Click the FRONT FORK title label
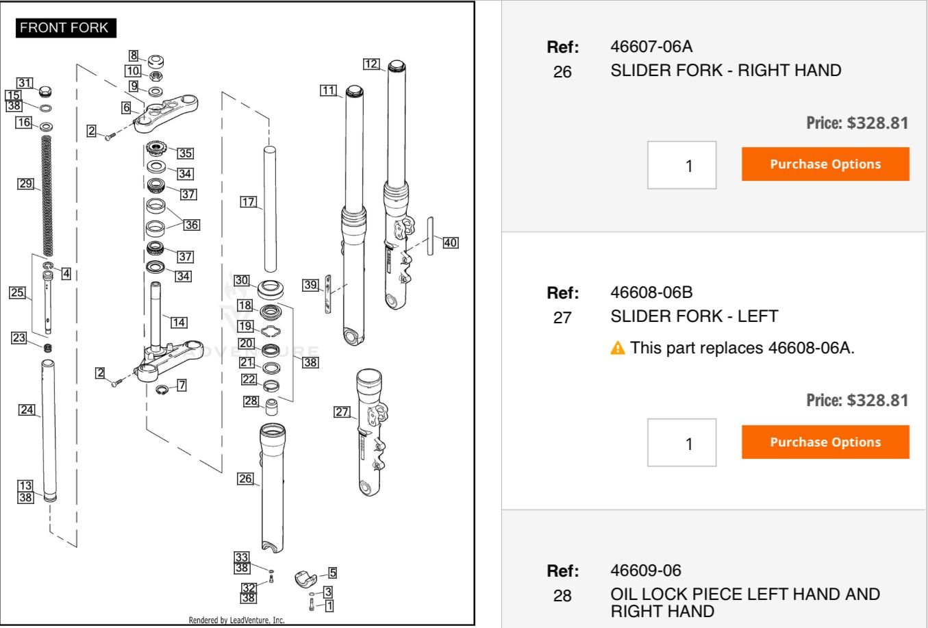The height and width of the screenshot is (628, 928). (64, 28)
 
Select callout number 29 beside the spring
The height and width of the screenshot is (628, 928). (26, 184)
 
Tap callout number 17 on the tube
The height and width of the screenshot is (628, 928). (249, 202)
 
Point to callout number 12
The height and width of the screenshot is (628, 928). (371, 64)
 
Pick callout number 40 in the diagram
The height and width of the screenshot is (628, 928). (450, 242)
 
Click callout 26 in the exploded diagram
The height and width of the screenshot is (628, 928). (246, 479)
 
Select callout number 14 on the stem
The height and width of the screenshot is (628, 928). (179, 322)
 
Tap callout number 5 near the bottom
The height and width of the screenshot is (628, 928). (332, 573)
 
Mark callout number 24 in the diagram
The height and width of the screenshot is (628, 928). (27, 410)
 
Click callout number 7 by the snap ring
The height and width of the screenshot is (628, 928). (182, 386)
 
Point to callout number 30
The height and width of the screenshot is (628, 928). (242, 280)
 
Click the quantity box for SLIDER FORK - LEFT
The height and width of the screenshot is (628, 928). (681, 443)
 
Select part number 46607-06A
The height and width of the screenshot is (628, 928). (651, 47)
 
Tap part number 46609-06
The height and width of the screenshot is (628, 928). (646, 570)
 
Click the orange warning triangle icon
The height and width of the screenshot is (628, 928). (618, 348)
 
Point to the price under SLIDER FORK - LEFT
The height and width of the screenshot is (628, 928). (857, 400)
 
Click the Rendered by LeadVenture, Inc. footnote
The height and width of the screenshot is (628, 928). (236, 620)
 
